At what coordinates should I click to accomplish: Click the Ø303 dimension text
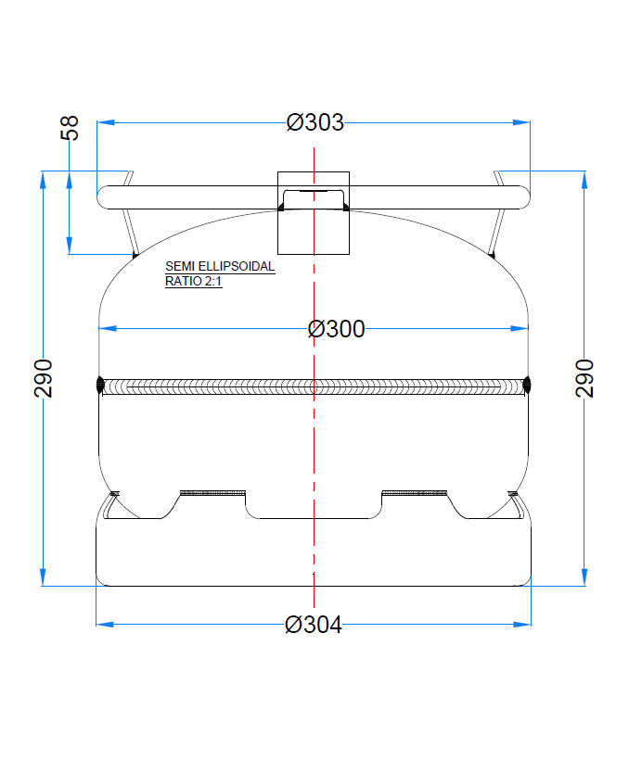pyautogui.click(x=314, y=122)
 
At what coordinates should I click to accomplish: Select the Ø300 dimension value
pyautogui.click(x=336, y=329)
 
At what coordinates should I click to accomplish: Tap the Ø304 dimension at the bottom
pyautogui.click(x=314, y=625)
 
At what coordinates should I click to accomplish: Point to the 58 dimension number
pyautogui.click(x=71, y=128)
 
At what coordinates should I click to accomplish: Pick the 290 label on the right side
pyautogui.click(x=584, y=378)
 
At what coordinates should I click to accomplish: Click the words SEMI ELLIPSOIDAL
pyautogui.click(x=220, y=266)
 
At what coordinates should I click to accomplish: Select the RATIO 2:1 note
pyautogui.click(x=193, y=281)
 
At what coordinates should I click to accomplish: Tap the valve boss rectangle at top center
pyautogui.click(x=314, y=213)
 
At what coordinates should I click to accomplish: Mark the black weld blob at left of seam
pyautogui.click(x=99, y=385)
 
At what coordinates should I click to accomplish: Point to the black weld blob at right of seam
pyautogui.click(x=528, y=385)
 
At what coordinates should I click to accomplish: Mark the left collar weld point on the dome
pyautogui.click(x=135, y=255)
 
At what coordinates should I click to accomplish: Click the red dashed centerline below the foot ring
pyautogui.click(x=314, y=598)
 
